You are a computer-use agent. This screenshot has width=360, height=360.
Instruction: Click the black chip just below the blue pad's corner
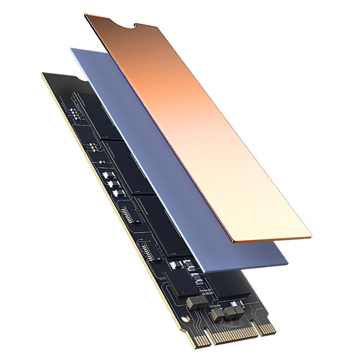click(x=234, y=283)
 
